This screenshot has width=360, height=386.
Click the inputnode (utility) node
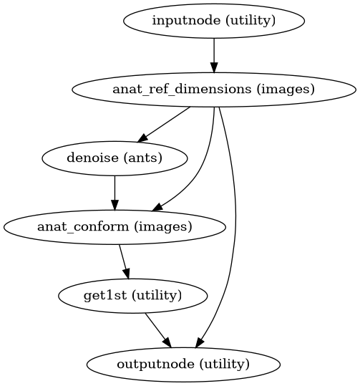(x=214, y=20)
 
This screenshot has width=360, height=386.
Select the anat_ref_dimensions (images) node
(x=214, y=89)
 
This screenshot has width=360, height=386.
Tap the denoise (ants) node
(x=115, y=158)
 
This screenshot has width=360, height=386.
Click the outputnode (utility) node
(x=183, y=364)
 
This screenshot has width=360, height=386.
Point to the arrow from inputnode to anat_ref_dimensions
(x=214, y=54)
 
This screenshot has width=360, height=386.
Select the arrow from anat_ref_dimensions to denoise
(x=164, y=123)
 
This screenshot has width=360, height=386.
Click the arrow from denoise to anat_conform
(x=115, y=192)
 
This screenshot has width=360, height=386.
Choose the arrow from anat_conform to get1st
(x=124, y=261)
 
